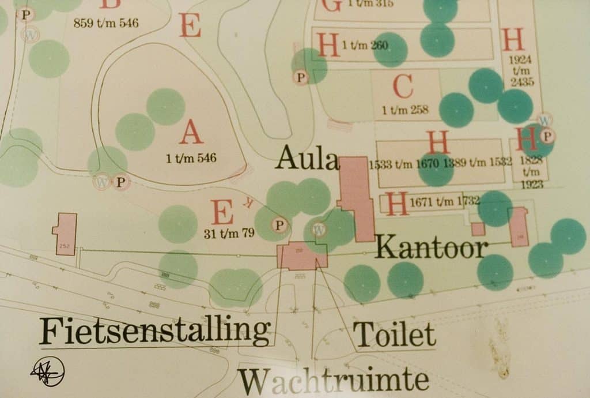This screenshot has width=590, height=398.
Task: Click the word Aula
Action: point(307,157)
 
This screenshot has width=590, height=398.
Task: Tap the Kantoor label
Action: point(432,247)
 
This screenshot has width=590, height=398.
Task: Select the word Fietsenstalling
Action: point(154,331)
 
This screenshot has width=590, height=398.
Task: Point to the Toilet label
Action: point(394,335)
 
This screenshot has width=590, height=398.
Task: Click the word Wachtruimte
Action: point(334,381)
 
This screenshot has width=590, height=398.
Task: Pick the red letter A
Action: point(191,133)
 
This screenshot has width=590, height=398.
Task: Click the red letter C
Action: point(403,87)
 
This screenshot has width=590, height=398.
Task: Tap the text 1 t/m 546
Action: point(191,158)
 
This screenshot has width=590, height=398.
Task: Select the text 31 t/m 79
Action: point(229,234)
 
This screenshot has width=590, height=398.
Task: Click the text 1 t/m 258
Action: point(404,110)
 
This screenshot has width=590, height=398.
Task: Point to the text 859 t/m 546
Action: point(106,24)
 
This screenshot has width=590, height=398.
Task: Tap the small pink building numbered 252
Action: point(66,233)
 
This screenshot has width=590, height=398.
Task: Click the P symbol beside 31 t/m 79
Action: point(280,224)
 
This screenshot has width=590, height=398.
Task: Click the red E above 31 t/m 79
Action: point(222,212)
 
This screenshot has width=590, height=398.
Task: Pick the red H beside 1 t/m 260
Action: point(328,45)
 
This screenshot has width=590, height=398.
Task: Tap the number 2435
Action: point(522,82)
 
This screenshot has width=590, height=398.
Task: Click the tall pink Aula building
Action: point(358,196)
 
